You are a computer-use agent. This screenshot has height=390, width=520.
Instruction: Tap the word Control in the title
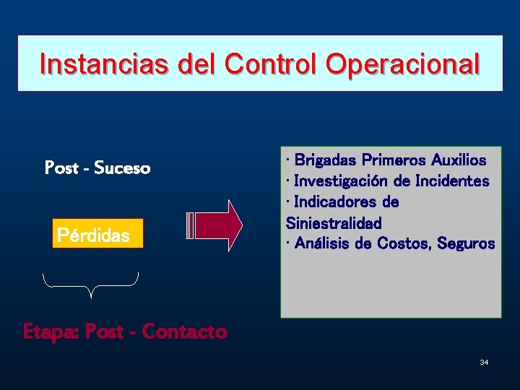click(272, 64)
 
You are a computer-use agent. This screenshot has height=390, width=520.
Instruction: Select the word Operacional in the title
click(403, 64)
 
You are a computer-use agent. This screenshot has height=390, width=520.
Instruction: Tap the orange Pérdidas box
click(97, 235)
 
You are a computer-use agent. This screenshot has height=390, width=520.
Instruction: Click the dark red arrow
click(217, 225)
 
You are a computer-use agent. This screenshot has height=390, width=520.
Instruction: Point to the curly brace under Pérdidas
click(91, 283)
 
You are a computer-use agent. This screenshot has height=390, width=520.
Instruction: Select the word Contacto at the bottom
click(184, 331)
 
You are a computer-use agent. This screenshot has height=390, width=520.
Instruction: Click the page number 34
click(484, 361)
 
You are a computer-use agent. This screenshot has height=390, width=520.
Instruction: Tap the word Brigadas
click(325, 160)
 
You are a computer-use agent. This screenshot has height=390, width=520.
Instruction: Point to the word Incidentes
click(452, 181)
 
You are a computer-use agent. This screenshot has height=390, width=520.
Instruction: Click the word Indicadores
click(336, 201)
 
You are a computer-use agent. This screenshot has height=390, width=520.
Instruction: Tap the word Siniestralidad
click(334, 222)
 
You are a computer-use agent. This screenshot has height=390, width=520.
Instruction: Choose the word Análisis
click(323, 243)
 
